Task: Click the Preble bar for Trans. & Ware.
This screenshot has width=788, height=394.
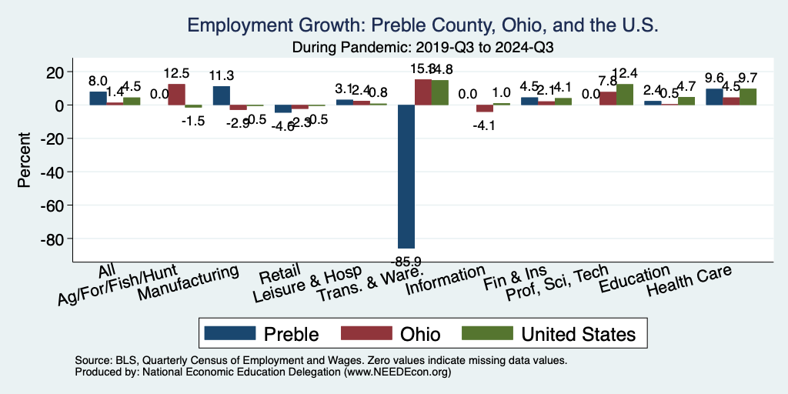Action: pyautogui.click(x=406, y=176)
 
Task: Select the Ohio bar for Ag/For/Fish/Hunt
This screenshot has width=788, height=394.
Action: pyautogui.click(x=176, y=95)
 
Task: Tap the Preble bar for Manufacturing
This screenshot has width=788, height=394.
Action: pyautogui.click(x=221, y=95)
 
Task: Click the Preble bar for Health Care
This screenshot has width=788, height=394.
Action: pyautogui.click(x=714, y=97)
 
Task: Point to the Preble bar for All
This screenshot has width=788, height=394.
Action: pyautogui.click(x=98, y=98)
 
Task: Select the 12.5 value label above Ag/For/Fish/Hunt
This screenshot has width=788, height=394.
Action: pyautogui.click(x=178, y=74)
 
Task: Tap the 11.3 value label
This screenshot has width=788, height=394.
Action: pyautogui.click(x=223, y=75)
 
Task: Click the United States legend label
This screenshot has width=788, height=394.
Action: pyautogui.click(x=579, y=333)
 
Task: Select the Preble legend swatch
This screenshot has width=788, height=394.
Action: pyautogui.click(x=230, y=333)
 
